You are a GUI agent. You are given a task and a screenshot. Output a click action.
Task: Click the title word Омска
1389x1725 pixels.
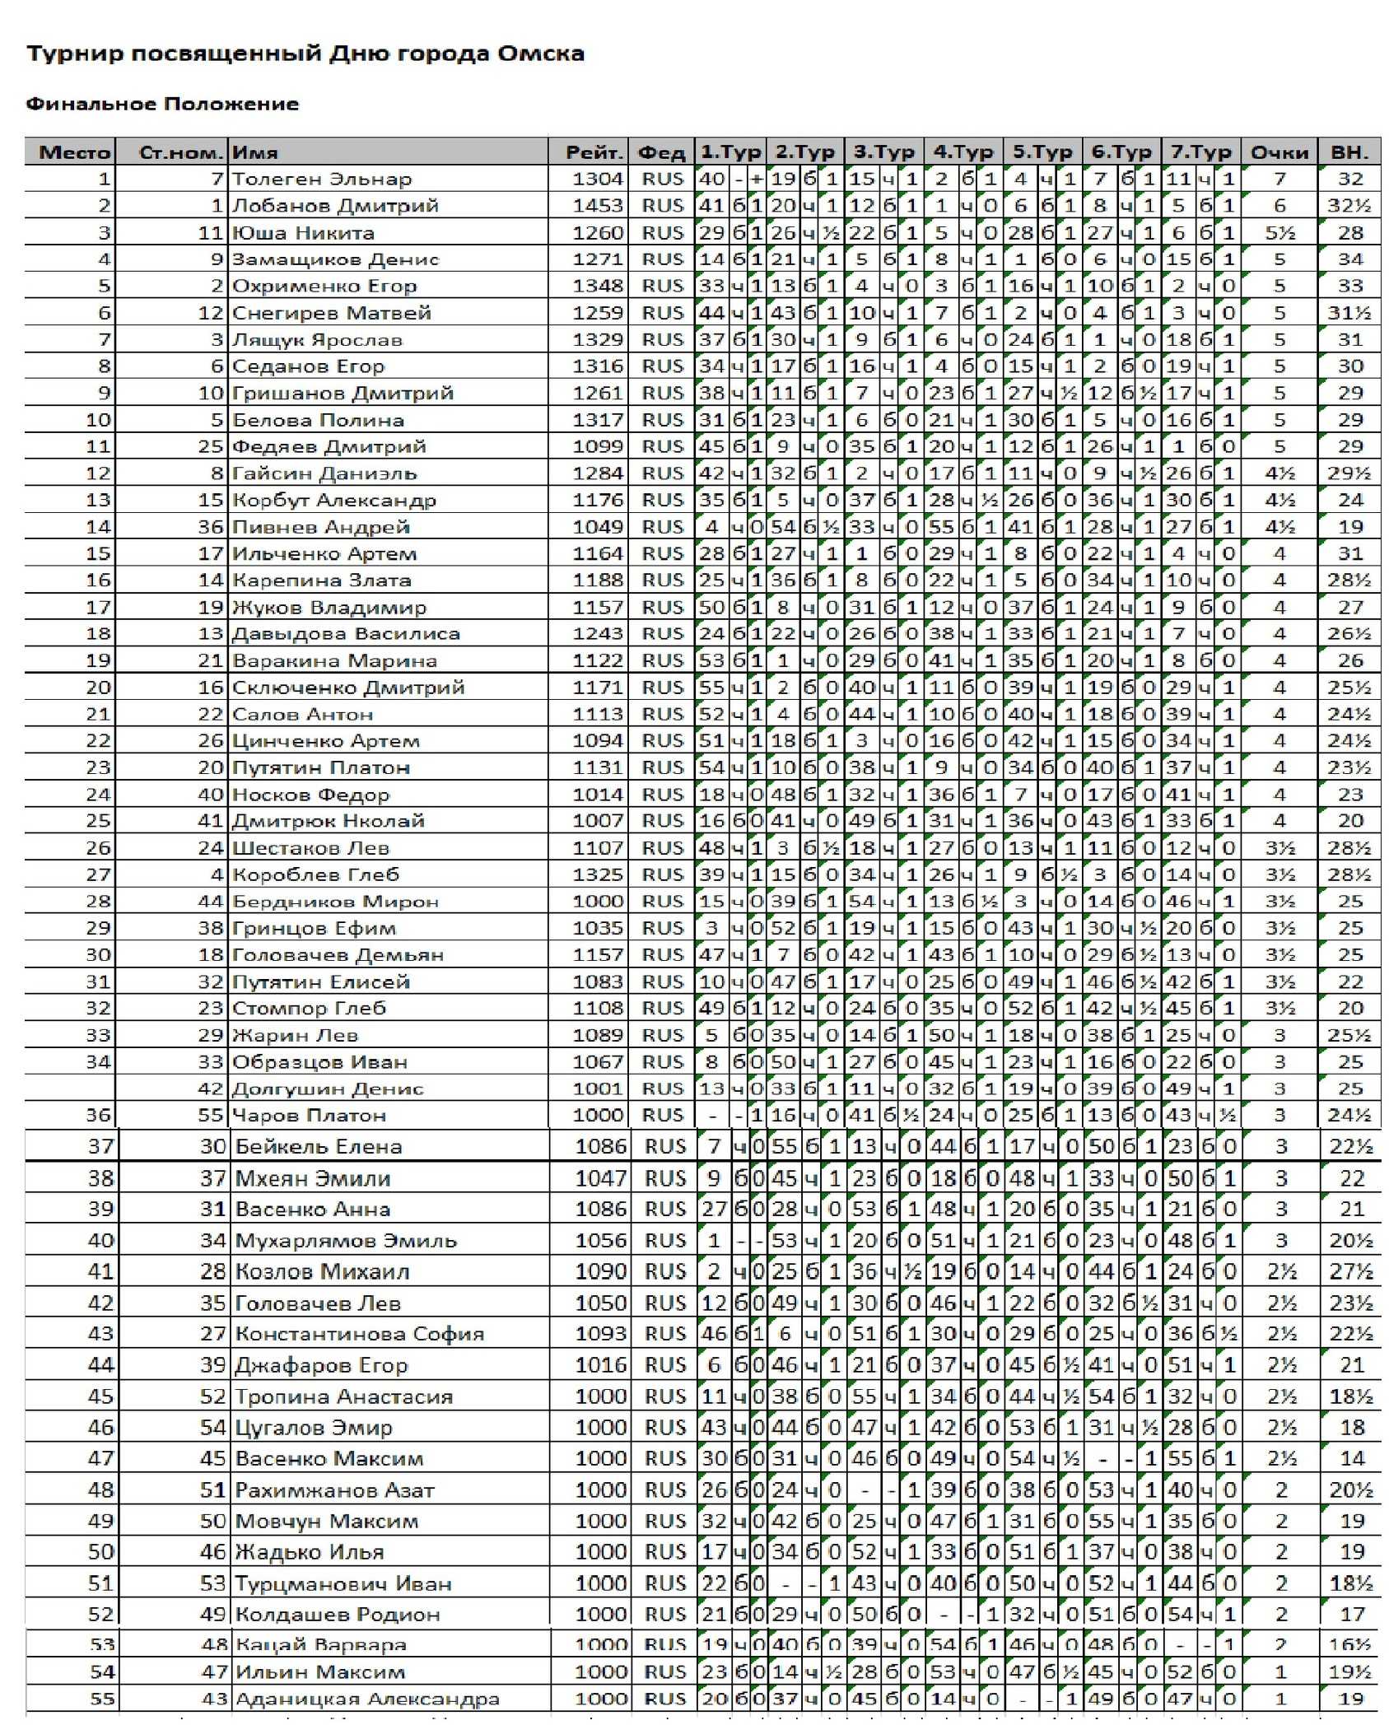pos(540,54)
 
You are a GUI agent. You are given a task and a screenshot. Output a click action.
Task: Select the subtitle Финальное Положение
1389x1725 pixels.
pos(162,105)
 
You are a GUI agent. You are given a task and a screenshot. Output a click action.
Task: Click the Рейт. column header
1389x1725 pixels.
pos(593,152)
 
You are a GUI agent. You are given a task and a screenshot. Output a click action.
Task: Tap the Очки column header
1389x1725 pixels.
pos(1279,152)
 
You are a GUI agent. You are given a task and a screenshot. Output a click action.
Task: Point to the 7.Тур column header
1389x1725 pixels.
pos(1200,152)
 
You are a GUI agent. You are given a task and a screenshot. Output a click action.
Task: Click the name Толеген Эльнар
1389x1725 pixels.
pos(322,179)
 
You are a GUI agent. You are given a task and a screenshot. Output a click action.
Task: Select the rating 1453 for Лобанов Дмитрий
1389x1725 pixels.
pos(599,206)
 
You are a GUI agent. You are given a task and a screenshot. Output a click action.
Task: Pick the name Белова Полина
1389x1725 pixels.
pos(318,420)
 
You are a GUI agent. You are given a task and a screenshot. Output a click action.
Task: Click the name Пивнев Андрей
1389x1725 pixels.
pos(321,527)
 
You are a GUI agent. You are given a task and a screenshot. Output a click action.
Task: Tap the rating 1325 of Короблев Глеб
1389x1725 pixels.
pos(599,874)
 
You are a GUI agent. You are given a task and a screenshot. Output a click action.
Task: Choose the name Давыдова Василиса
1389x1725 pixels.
pos(346,634)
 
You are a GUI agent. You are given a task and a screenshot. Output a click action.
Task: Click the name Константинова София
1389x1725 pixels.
pos(360,1334)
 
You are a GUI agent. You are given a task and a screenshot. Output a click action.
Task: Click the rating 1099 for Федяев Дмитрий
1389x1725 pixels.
pos(599,446)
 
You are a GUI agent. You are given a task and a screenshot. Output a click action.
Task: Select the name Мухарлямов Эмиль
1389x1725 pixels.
pos(346,1241)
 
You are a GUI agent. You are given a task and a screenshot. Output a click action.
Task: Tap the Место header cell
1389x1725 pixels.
pos(74,152)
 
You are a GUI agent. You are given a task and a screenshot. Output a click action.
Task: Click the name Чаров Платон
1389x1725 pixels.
pos(309,1116)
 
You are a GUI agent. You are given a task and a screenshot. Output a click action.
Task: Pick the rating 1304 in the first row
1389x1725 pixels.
pos(599,179)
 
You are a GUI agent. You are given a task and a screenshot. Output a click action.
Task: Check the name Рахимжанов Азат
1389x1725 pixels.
pos(334,1490)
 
